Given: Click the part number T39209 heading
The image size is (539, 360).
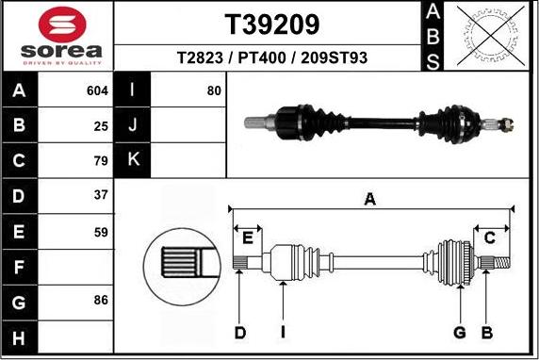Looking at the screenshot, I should [x=271, y=24].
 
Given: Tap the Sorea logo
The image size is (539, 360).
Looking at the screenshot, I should [x=57, y=36].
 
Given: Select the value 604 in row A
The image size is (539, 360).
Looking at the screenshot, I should [x=97, y=90].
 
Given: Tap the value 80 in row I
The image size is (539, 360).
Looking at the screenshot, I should [x=214, y=90].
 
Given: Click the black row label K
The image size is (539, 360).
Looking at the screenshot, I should [x=133, y=159].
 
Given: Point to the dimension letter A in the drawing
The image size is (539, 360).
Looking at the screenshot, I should [x=370, y=198].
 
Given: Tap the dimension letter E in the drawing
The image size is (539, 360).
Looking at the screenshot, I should [x=249, y=236].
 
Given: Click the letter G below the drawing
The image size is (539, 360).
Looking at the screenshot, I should [x=460, y=333].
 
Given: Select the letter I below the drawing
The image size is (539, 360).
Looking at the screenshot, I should [x=283, y=333].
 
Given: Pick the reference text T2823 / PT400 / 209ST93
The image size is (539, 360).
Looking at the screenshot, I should [x=271, y=57].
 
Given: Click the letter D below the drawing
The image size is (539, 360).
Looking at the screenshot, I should [x=240, y=333].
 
